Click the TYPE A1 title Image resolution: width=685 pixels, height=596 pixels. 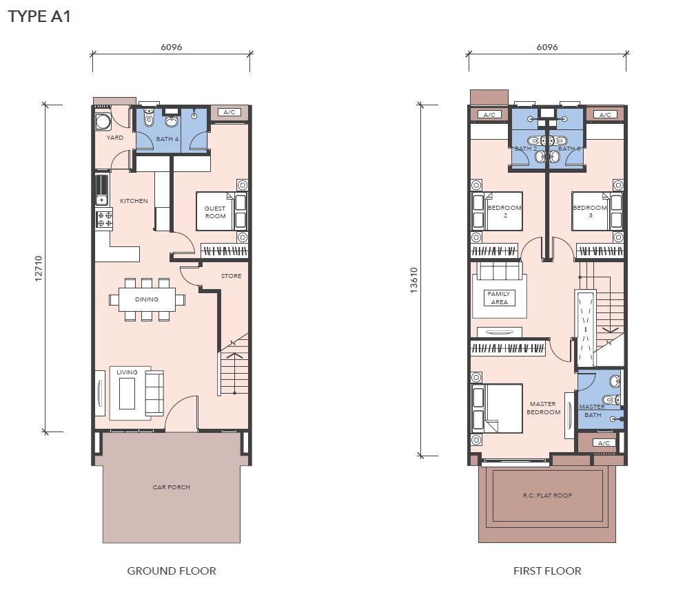point(39,17)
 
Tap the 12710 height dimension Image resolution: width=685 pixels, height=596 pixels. point(39,268)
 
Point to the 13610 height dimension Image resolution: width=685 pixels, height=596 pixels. point(413,280)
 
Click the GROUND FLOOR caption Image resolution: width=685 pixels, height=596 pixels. point(171,571)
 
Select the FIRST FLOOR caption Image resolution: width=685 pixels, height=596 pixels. point(547,571)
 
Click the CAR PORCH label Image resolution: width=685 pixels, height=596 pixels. point(171,487)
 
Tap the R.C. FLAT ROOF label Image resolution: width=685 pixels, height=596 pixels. point(547,496)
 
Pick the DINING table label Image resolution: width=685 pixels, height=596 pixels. point(147,299)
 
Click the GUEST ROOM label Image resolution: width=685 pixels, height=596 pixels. point(216,212)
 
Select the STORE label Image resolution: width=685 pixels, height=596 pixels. point(231,276)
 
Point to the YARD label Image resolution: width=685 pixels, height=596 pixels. point(115,138)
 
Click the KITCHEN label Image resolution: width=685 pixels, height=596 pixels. point(134,201)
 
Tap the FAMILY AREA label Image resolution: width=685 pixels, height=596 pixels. point(499,298)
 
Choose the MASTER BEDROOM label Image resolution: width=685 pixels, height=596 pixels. point(543,408)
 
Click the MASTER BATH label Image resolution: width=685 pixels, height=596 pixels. point(593,411)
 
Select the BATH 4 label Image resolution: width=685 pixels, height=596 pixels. point(167,139)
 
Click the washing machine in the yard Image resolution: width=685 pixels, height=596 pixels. point(103,122)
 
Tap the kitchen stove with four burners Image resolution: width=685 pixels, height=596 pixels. point(105,219)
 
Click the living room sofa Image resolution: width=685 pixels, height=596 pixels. point(154,393)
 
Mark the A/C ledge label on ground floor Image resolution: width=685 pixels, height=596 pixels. point(229,112)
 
